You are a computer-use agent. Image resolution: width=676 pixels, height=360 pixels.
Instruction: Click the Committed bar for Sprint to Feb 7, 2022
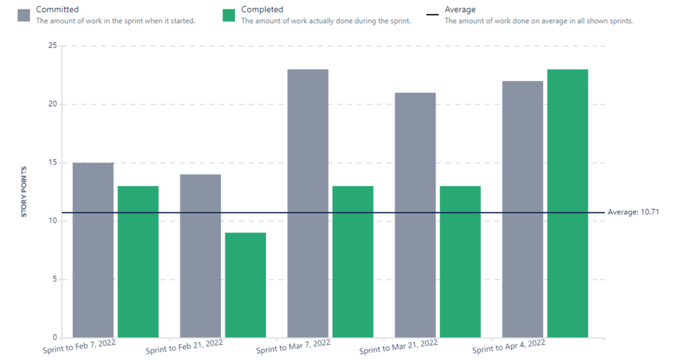(93, 250)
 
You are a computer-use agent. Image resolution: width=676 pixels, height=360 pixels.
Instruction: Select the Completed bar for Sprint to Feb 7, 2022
(137, 261)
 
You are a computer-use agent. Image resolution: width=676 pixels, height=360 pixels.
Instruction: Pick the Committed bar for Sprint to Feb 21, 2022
(200, 256)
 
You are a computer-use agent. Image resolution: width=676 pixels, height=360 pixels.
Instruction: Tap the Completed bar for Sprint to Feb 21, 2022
(245, 285)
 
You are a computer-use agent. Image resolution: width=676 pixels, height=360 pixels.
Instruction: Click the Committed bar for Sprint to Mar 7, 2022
(308, 203)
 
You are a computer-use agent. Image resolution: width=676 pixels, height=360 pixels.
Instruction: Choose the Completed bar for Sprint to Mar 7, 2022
(353, 261)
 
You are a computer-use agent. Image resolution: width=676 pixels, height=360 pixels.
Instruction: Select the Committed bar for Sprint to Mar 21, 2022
(415, 215)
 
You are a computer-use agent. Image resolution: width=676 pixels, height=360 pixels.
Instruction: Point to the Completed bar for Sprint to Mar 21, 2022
(460, 261)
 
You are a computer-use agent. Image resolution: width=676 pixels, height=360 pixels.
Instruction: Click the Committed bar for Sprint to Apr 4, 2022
(522, 209)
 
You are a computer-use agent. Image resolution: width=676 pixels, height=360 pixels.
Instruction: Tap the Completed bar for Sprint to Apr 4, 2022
(567, 203)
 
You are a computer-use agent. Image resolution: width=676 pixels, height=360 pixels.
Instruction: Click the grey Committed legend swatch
(24, 15)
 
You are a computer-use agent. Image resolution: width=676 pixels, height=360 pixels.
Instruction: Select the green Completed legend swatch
(229, 15)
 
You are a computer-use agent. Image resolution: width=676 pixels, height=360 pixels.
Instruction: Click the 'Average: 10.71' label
(633, 212)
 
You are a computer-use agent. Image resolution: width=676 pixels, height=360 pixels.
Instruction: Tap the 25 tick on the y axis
(51, 46)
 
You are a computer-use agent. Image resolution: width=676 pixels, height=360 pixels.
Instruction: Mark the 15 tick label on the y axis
(51, 163)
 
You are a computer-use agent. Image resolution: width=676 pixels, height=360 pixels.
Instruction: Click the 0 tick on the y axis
(54, 338)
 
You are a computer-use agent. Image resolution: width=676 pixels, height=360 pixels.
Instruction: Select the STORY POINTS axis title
(24, 192)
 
